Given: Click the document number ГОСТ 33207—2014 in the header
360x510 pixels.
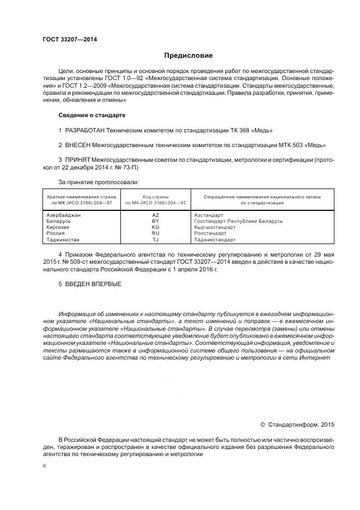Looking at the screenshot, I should (66, 39).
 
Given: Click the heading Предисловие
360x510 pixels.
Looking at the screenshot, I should (188, 56).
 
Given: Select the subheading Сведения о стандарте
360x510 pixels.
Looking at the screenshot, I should (91, 116).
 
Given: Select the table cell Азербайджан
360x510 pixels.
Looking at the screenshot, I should (64, 215).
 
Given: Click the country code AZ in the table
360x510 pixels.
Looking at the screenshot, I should (156, 215).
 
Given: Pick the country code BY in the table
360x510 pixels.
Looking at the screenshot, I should (156, 221).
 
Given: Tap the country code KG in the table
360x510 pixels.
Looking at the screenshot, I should (156, 227).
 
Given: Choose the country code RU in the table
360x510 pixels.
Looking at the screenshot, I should (156, 233).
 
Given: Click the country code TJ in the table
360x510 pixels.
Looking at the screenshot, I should (156, 239).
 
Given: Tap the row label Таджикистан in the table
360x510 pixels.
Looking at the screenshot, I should (64, 239).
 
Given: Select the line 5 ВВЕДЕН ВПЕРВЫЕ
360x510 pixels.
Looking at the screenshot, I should (90, 284).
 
